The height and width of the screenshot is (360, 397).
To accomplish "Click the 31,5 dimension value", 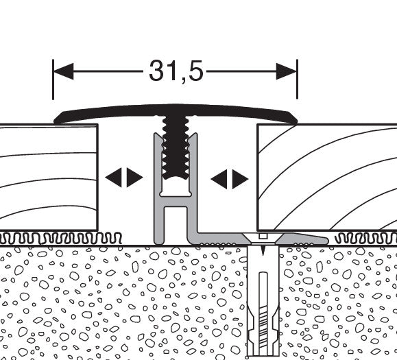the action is (176, 71).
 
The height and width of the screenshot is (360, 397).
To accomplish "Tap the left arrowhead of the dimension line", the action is (63, 71).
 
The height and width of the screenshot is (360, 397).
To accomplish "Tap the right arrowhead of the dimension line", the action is (287, 71).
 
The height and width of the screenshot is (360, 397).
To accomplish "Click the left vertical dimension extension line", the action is (53, 80).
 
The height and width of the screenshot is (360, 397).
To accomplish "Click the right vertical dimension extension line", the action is (298, 80).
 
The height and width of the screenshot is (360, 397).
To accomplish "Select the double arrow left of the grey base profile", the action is (124, 178).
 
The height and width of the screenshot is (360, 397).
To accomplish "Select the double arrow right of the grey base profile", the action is (230, 179).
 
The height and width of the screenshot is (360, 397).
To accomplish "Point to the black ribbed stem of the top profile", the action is (176, 147).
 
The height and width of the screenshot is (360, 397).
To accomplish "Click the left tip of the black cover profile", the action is (55, 121).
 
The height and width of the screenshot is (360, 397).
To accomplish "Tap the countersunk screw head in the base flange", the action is (263, 238).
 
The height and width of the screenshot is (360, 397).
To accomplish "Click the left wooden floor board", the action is (49, 177).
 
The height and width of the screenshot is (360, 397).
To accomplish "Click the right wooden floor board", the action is (327, 178).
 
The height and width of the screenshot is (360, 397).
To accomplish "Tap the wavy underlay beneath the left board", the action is (61, 238).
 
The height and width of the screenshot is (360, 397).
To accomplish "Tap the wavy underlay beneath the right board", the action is (365, 239).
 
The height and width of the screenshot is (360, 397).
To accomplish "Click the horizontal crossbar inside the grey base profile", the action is (176, 201).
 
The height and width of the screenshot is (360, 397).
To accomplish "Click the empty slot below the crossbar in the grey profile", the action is (176, 226).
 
